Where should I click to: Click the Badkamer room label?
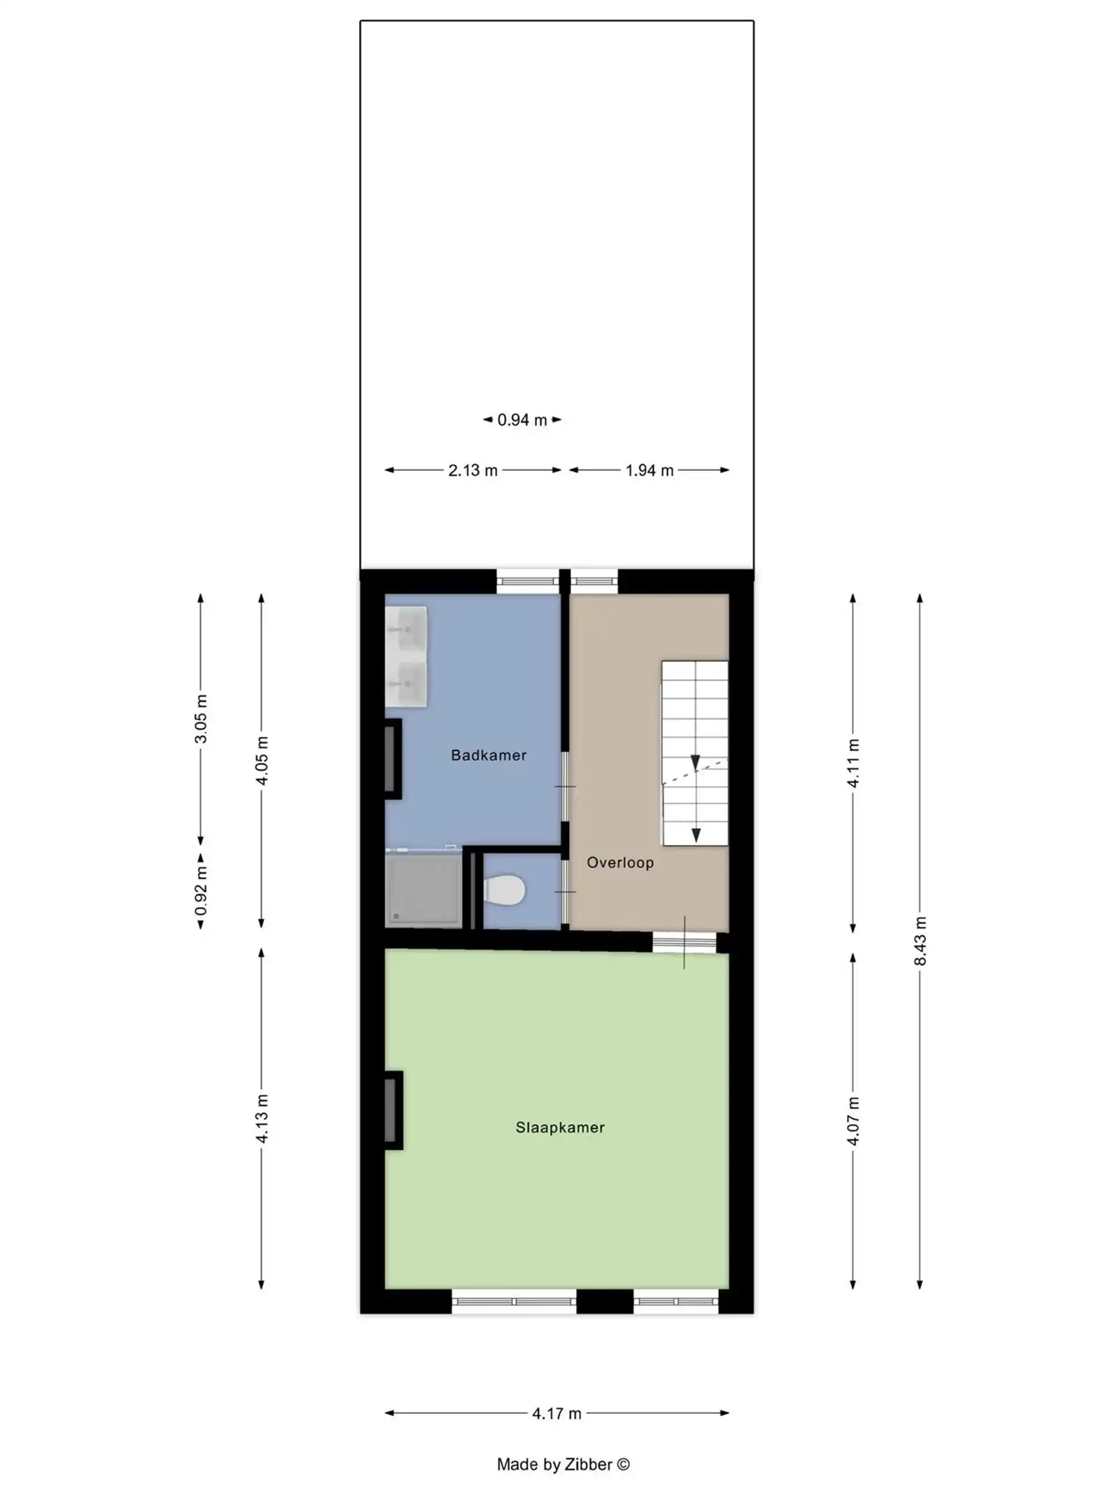click(488, 755)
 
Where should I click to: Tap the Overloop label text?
click(619, 862)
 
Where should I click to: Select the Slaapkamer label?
click(559, 1127)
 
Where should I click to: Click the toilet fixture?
click(505, 890)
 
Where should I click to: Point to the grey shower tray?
click(423, 889)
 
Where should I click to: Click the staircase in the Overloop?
click(694, 752)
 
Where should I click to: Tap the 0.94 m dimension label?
click(521, 420)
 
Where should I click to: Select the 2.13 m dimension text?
click(472, 470)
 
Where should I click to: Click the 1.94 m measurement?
click(649, 470)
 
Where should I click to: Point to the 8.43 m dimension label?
click(920, 941)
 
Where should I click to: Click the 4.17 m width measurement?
click(556, 1413)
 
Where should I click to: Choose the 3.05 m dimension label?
click(201, 719)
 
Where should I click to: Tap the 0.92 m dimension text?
click(201, 890)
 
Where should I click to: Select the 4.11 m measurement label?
click(853, 762)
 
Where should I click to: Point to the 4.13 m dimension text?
click(261, 1119)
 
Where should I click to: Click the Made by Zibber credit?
click(563, 1464)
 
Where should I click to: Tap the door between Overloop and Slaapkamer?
click(684, 942)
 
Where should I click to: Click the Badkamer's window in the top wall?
click(527, 581)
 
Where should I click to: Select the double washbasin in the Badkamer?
click(407, 657)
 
